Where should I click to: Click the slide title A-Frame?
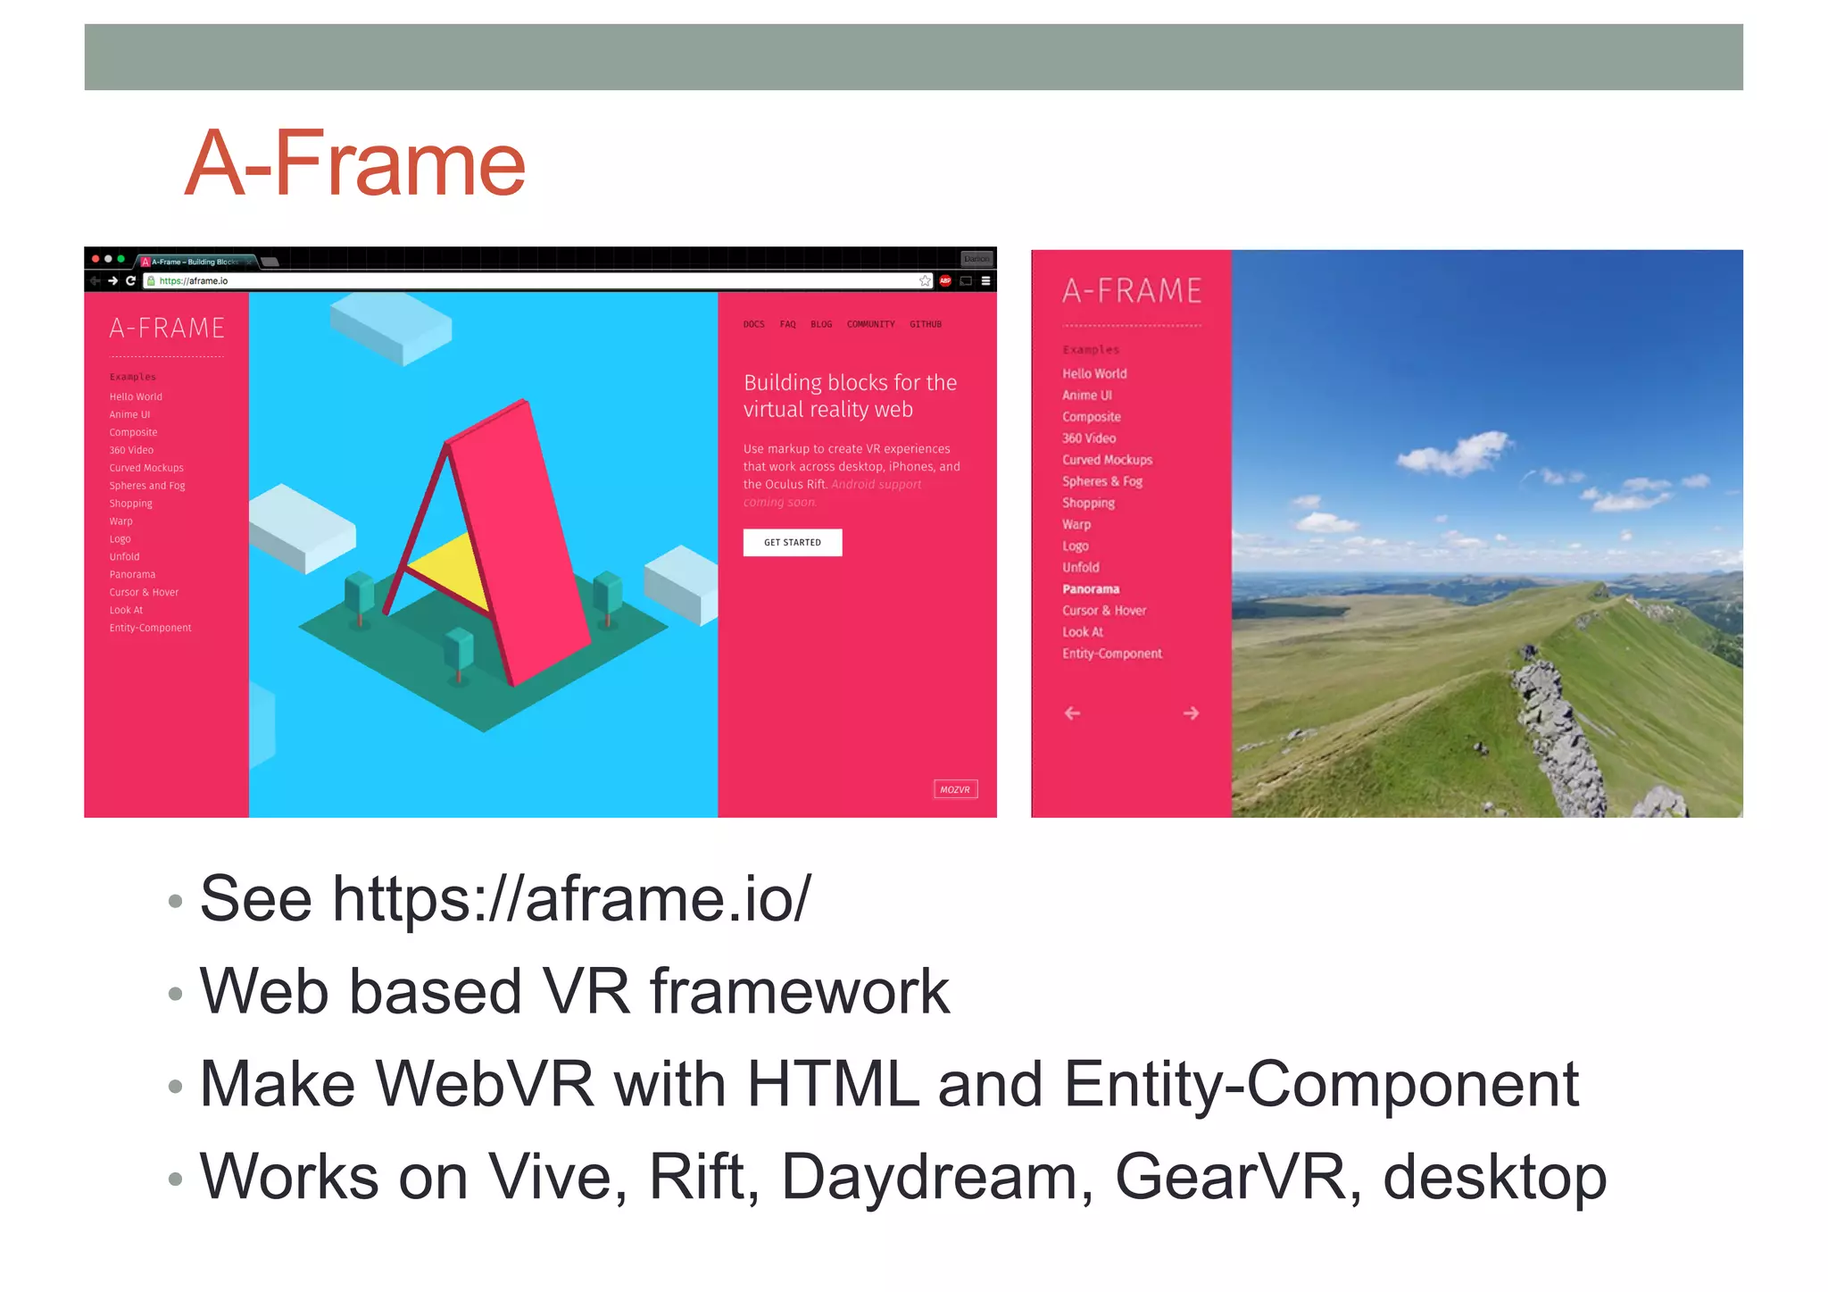click(355, 164)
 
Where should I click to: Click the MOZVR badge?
click(954, 789)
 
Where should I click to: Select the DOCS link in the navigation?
click(753, 324)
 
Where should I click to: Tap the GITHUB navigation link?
click(925, 324)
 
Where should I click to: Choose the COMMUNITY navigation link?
click(870, 324)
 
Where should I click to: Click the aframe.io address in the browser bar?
click(194, 281)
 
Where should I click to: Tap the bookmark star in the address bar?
click(925, 281)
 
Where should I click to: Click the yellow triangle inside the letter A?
click(451, 570)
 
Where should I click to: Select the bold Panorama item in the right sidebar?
click(1090, 589)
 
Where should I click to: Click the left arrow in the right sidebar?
click(1072, 713)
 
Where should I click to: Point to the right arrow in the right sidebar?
click(1191, 713)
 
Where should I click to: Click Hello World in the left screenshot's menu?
click(136, 397)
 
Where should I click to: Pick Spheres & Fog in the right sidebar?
click(1101, 481)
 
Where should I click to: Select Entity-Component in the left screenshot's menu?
click(150, 629)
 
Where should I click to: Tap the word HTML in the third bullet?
click(832, 1084)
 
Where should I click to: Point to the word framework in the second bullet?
click(799, 991)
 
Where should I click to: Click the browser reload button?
click(130, 281)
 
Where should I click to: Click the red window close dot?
click(96, 259)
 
